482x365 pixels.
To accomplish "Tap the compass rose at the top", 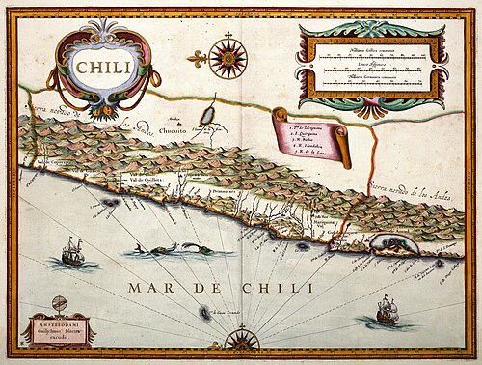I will pos(228,57).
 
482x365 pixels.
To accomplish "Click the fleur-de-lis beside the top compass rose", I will pos(199,58).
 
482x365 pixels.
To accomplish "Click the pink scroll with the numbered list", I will pos(311,135).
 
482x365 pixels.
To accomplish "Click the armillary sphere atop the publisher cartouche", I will pos(57,301).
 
